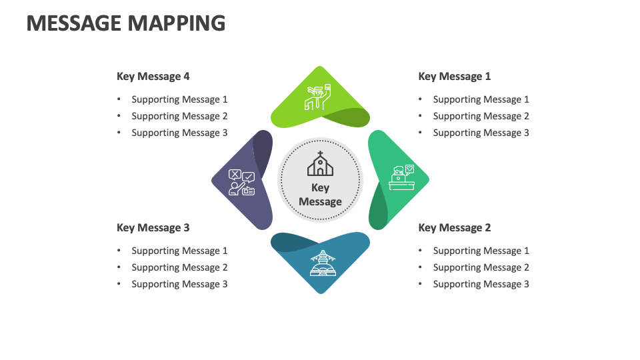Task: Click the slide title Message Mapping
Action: pyautogui.click(x=126, y=23)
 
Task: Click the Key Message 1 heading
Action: pyautogui.click(x=454, y=77)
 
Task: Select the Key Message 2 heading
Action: pyautogui.click(x=454, y=228)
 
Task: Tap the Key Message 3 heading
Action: pyautogui.click(x=153, y=228)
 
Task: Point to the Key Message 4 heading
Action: pyautogui.click(x=153, y=77)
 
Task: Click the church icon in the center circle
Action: pyautogui.click(x=320, y=164)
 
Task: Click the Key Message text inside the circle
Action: pyautogui.click(x=320, y=195)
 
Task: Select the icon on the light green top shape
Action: pyautogui.click(x=318, y=97)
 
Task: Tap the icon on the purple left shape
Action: pyautogui.click(x=241, y=182)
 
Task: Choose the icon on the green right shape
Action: pyautogui.click(x=402, y=178)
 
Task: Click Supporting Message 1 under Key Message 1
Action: pyautogui.click(x=481, y=99)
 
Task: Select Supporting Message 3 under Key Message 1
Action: pyautogui.click(x=481, y=133)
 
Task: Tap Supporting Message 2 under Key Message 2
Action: pyautogui.click(x=481, y=267)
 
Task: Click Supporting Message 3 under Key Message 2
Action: pyautogui.click(x=481, y=284)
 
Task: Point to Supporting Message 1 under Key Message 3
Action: pyautogui.click(x=179, y=251)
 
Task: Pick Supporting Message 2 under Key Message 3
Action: pyautogui.click(x=179, y=267)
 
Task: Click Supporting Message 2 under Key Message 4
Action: pyautogui.click(x=179, y=116)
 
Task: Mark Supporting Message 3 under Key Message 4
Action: pyautogui.click(x=179, y=133)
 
